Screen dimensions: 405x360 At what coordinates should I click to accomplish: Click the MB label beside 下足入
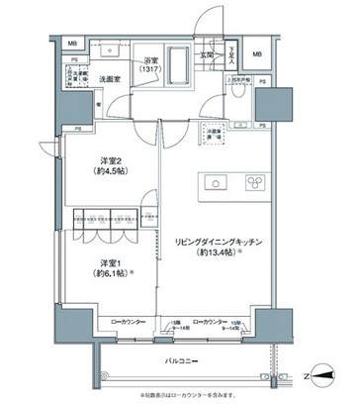[x=256, y=53]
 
